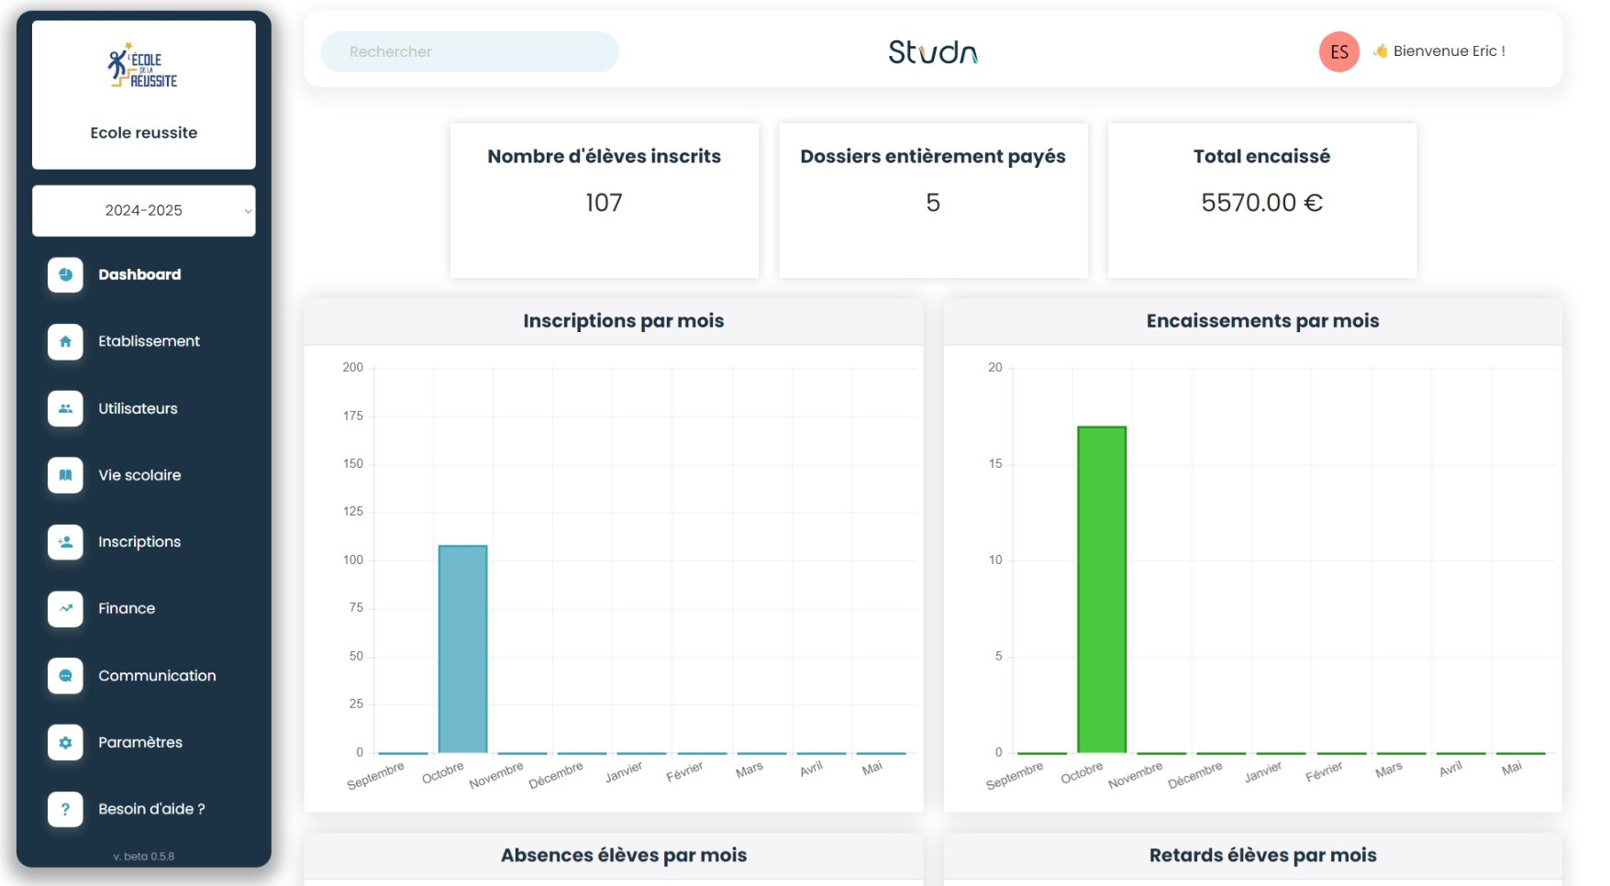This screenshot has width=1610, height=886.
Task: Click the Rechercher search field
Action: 469,52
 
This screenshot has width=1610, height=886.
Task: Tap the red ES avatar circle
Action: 1338,52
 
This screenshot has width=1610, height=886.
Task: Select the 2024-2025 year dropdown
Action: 144,211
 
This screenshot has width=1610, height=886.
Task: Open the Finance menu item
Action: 127,609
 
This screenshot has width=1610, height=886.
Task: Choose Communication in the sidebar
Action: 157,676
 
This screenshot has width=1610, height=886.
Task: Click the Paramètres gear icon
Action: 65,743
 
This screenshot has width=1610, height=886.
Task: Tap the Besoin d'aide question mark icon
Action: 65,809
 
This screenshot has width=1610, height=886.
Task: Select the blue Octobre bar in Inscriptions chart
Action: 462,648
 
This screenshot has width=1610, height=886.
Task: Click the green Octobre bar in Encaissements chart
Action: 1101,589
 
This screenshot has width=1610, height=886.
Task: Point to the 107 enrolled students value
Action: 604,203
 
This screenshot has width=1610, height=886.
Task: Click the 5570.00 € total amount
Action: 1261,203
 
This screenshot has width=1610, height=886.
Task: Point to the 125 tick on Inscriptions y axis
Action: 353,512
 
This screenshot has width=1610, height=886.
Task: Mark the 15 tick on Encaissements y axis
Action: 995,464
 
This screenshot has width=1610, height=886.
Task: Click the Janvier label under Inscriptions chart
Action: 624,772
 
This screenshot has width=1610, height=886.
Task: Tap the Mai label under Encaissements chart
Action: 1512,768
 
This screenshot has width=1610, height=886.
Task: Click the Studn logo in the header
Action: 932,52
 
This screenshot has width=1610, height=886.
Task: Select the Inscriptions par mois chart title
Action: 623,321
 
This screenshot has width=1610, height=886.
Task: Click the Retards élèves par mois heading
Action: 1262,856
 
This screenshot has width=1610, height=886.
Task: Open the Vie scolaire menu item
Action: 139,475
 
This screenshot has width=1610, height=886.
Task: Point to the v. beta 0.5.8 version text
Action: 144,857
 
